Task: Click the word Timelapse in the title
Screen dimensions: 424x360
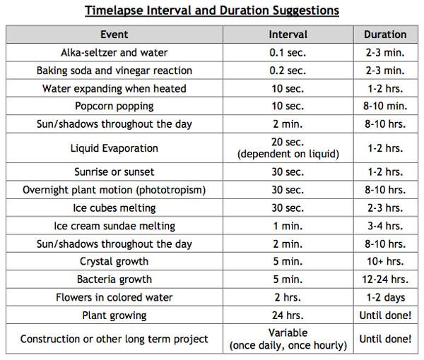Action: point(114,11)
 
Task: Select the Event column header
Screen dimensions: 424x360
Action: point(114,35)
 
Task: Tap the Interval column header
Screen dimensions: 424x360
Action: point(288,35)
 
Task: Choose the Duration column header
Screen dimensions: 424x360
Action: point(385,35)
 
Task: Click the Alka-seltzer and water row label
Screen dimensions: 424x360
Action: point(114,53)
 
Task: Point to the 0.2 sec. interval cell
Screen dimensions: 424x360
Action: point(288,71)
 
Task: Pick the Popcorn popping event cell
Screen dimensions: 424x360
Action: point(114,107)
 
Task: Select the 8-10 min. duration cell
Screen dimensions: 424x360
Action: point(385,106)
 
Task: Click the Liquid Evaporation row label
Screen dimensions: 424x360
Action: point(114,148)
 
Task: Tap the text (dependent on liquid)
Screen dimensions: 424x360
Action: point(288,154)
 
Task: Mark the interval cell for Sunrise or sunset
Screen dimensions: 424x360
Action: point(288,172)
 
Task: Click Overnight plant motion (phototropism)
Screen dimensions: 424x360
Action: point(114,190)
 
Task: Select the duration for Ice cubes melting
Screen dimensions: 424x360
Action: point(385,208)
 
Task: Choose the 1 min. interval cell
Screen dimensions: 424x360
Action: point(288,226)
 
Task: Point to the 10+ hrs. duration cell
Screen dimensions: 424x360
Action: point(385,261)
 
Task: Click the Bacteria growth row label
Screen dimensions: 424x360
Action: point(114,280)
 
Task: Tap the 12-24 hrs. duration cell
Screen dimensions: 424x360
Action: point(385,280)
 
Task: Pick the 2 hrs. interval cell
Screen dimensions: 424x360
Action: point(288,297)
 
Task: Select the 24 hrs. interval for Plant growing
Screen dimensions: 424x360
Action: point(288,316)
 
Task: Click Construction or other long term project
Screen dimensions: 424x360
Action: point(114,340)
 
